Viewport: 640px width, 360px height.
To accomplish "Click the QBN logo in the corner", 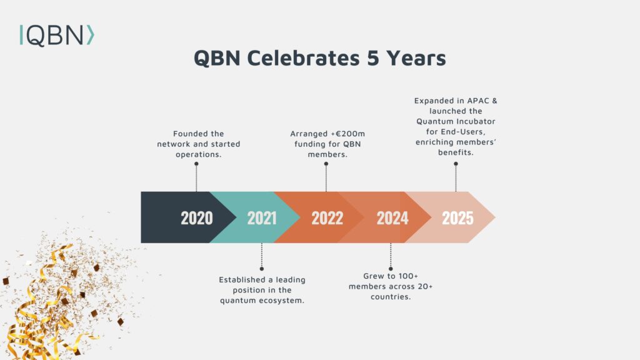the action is tap(57, 35).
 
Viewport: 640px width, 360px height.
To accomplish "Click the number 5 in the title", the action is tap(373, 57).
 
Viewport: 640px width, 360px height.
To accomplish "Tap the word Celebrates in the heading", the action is tap(303, 57).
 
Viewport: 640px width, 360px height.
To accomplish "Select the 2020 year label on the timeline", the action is tap(197, 217).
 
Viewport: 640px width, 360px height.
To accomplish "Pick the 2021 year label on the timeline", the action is tap(262, 217).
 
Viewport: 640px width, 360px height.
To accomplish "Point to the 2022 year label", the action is tap(327, 217).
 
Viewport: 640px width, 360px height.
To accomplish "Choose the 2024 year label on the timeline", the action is tap(392, 217).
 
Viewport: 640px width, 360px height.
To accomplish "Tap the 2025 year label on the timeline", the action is tap(457, 217).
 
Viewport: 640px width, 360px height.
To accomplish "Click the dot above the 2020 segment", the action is tap(196, 164).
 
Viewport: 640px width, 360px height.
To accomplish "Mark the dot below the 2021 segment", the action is tap(262, 269).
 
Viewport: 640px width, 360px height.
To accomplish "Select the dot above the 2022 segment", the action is tap(326, 164).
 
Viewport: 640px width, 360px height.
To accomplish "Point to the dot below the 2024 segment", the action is tap(391, 269).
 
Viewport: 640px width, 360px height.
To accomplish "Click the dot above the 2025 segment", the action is tap(456, 164).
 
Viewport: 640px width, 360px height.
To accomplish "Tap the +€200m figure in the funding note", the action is tap(347, 134).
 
